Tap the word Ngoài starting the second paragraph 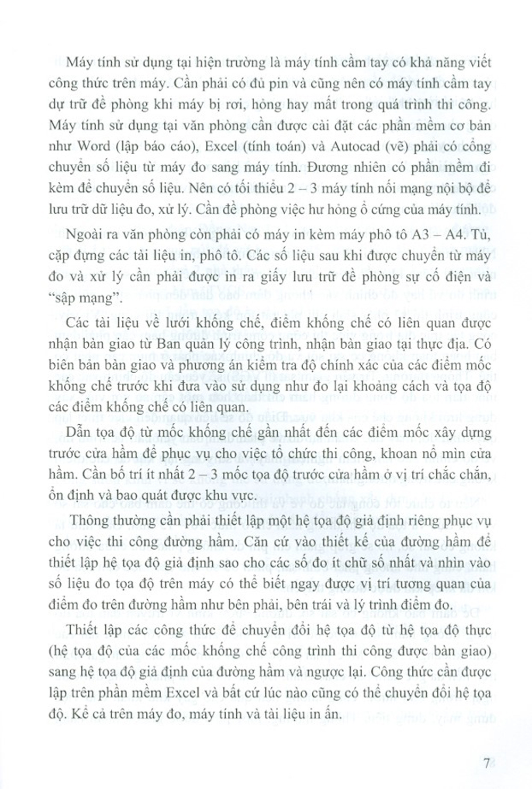tap(82, 236)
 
